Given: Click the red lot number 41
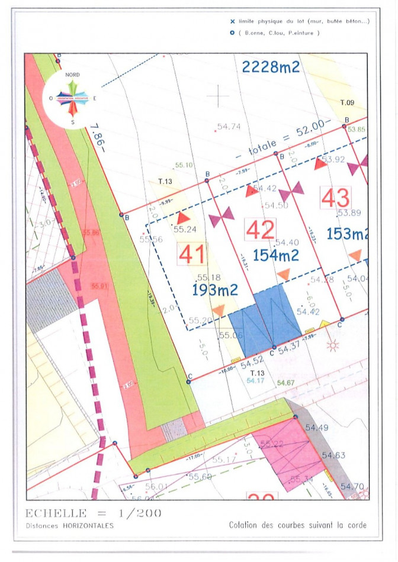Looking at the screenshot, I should [x=192, y=254].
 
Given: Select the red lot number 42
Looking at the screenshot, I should [x=261, y=230].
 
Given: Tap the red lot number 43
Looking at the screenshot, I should [x=335, y=198].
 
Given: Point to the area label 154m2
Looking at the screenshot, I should [x=275, y=256].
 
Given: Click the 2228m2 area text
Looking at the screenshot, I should [x=271, y=67].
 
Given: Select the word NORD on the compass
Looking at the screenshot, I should [x=72, y=75].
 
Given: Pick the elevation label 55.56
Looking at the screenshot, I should [x=151, y=239].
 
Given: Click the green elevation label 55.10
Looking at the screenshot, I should [x=184, y=165].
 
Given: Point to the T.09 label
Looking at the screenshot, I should [x=347, y=103].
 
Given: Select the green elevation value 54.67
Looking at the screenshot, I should [x=286, y=383].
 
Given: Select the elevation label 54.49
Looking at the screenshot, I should [x=317, y=427].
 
